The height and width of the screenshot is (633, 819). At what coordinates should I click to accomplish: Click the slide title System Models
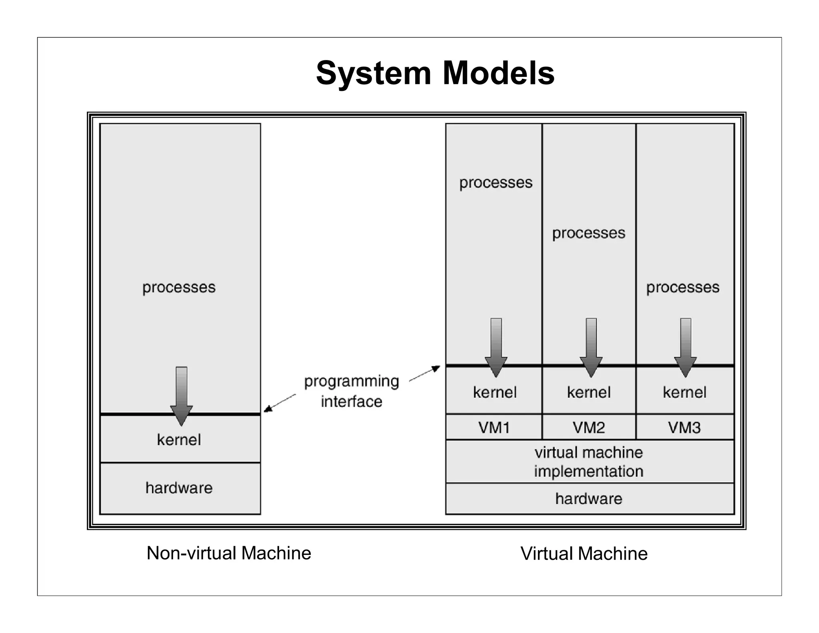pyautogui.click(x=435, y=73)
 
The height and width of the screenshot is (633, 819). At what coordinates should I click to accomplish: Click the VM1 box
pyautogui.click(x=494, y=427)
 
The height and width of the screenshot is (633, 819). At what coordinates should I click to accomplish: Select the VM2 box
pyautogui.click(x=589, y=427)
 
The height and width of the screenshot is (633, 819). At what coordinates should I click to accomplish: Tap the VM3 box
pyautogui.click(x=684, y=427)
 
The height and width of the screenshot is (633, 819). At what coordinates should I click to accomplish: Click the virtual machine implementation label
pyautogui.click(x=589, y=462)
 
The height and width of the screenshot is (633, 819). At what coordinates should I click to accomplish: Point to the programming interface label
pyautogui.click(x=352, y=391)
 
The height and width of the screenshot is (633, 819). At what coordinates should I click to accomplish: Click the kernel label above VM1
pyautogui.click(x=495, y=392)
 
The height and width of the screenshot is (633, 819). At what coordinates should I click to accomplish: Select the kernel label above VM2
pyautogui.click(x=589, y=392)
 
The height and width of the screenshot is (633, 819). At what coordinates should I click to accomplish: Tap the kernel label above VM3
pyautogui.click(x=684, y=392)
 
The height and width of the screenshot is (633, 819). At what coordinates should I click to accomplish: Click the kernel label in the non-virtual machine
pyautogui.click(x=179, y=440)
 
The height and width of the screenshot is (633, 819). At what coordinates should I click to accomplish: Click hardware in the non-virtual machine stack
pyautogui.click(x=179, y=488)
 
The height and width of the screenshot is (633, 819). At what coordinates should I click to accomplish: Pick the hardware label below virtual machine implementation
pyautogui.click(x=589, y=499)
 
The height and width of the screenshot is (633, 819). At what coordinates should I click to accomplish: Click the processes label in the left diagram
pyautogui.click(x=179, y=287)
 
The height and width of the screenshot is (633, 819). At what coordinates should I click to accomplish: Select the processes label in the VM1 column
pyautogui.click(x=495, y=183)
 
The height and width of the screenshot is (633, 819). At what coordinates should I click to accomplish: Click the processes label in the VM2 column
pyautogui.click(x=589, y=233)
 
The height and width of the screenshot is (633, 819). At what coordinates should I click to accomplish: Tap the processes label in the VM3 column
pyautogui.click(x=683, y=287)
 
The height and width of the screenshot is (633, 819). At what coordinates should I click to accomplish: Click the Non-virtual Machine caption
pyautogui.click(x=229, y=553)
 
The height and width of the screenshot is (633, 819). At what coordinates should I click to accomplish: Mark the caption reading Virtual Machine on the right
pyautogui.click(x=584, y=554)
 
